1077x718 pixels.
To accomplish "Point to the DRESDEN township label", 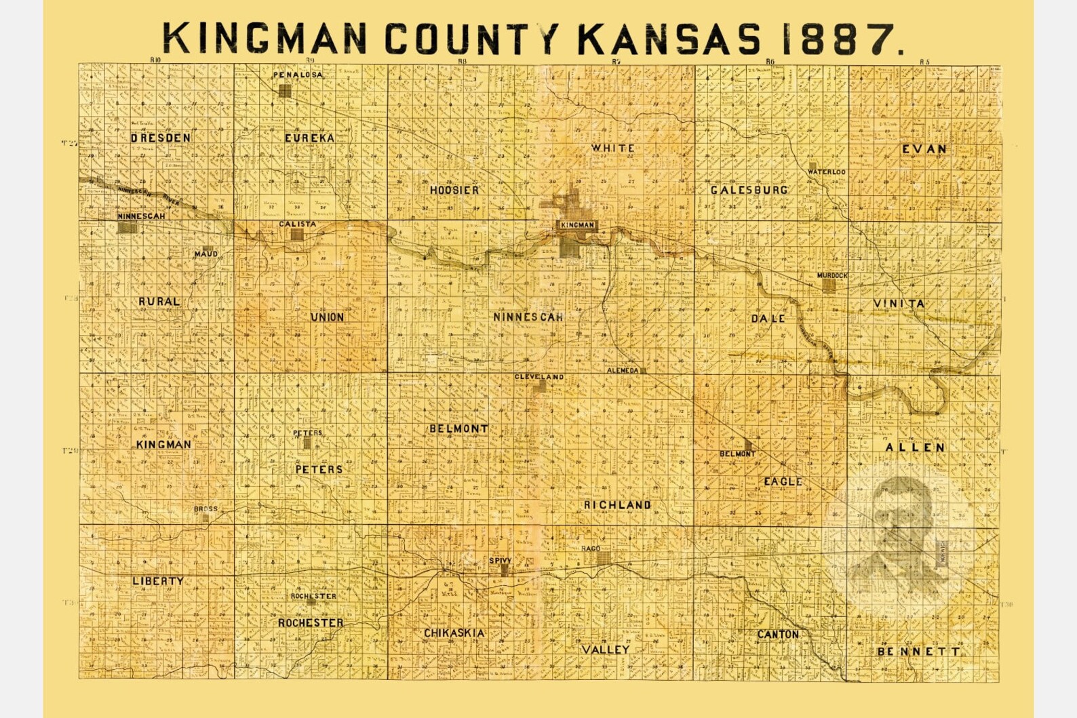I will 161,138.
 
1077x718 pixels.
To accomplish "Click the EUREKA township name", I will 309,138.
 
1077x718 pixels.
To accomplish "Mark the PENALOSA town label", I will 298,75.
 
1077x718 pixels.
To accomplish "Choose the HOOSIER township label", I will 454,191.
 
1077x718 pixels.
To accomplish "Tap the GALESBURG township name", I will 749,190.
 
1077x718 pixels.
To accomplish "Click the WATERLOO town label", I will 827,172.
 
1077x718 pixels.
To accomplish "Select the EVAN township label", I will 924,149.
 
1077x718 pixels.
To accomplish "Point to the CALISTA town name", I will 298,224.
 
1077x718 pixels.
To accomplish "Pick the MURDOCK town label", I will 832,276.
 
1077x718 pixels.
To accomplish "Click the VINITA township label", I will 899,303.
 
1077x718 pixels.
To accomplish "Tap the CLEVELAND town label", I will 539,377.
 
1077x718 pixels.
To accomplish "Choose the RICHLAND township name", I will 617,505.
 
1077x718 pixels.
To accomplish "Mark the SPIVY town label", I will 501,561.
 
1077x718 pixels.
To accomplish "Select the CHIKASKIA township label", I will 454,633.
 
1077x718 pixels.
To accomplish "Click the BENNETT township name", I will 919,652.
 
